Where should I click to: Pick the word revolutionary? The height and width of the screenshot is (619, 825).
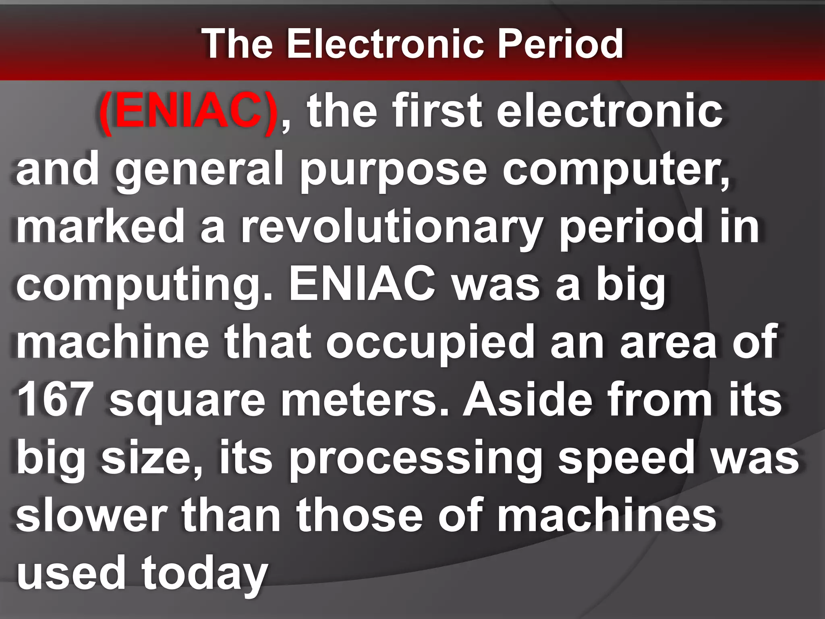click(x=391, y=228)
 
